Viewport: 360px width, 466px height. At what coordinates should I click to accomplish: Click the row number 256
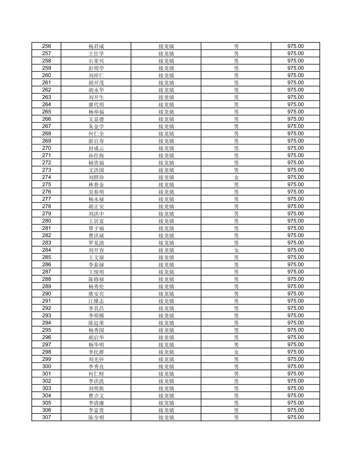tap(47, 46)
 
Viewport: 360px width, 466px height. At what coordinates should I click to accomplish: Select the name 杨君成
tap(96, 46)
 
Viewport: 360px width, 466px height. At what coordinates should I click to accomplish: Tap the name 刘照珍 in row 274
tap(96, 177)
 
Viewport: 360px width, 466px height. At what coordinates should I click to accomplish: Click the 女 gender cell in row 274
tap(236, 177)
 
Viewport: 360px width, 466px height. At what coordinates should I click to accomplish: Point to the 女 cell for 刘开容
tap(236, 250)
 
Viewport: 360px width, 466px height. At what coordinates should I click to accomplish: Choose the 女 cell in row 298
tap(236, 352)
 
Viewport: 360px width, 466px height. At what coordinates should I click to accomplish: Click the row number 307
tap(47, 417)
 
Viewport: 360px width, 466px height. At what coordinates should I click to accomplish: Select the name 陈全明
tap(96, 417)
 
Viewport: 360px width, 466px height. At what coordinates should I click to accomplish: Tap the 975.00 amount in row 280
tap(295, 221)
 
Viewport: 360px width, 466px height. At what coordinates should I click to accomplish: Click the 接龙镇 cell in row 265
tap(166, 112)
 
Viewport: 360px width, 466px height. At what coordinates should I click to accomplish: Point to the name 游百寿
tap(96, 141)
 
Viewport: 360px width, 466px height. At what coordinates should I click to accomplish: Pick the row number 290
tap(47, 294)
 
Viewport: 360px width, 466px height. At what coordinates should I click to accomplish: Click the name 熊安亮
tap(96, 294)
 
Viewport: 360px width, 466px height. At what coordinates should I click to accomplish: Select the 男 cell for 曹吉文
tap(236, 396)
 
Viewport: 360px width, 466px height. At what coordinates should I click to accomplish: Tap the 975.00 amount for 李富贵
tap(295, 410)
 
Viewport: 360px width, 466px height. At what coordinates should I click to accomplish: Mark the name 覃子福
tap(96, 228)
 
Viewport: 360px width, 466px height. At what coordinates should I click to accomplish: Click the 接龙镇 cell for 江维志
tap(166, 301)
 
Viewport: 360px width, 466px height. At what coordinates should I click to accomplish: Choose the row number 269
tap(47, 141)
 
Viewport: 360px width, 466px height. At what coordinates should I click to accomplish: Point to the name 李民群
tap(96, 352)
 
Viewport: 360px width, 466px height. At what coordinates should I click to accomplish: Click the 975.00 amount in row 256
tap(295, 46)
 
